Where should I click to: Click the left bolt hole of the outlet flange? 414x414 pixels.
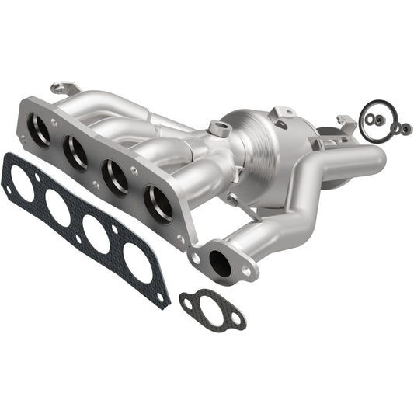coord(196,256)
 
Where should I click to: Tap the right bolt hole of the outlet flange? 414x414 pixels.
coord(247,271)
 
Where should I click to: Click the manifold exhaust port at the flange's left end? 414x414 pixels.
coord(38,130)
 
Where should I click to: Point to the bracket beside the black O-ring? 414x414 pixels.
coord(347,123)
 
